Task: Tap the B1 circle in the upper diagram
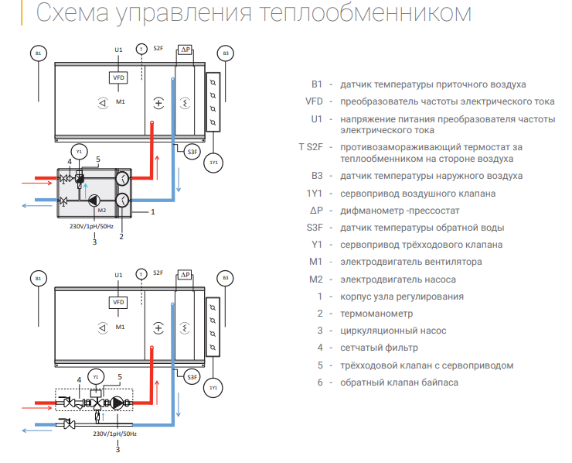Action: click(x=40, y=53)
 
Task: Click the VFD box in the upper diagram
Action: click(x=119, y=78)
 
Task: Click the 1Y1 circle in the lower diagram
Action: click(x=214, y=386)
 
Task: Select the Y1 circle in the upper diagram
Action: click(x=77, y=150)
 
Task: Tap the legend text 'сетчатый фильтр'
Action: click(x=379, y=348)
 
